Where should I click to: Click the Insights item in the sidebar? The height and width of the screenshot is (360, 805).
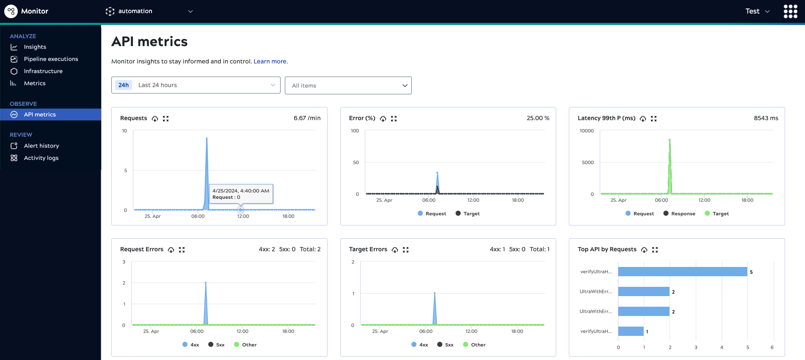click(35, 47)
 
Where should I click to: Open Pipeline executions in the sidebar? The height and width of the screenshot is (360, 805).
click(51, 59)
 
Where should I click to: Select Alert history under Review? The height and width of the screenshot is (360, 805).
click(41, 146)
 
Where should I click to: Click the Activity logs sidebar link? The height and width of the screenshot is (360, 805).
click(41, 158)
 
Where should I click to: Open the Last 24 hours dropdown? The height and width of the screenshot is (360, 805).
click(196, 85)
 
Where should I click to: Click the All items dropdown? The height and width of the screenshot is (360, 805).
click(348, 85)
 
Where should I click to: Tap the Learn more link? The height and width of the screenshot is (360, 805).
click(270, 61)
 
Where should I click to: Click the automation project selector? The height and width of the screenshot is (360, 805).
click(149, 11)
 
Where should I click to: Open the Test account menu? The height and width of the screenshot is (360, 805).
click(757, 11)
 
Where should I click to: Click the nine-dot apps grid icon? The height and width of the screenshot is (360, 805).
click(790, 11)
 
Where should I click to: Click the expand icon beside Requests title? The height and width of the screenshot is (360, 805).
click(166, 119)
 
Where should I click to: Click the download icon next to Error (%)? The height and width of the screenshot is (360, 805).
click(383, 119)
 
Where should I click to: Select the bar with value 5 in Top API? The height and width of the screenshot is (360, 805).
click(682, 272)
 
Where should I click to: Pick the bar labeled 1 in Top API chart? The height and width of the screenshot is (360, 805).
click(631, 331)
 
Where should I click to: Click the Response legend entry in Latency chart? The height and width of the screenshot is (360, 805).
click(679, 214)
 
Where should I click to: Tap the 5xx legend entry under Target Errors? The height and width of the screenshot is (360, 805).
click(445, 345)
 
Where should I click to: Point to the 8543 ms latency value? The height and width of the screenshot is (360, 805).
click(766, 118)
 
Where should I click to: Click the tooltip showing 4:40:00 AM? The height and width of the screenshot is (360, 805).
click(241, 194)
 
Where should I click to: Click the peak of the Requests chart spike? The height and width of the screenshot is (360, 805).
click(207, 139)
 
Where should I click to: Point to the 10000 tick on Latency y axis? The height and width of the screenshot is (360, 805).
click(587, 131)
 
